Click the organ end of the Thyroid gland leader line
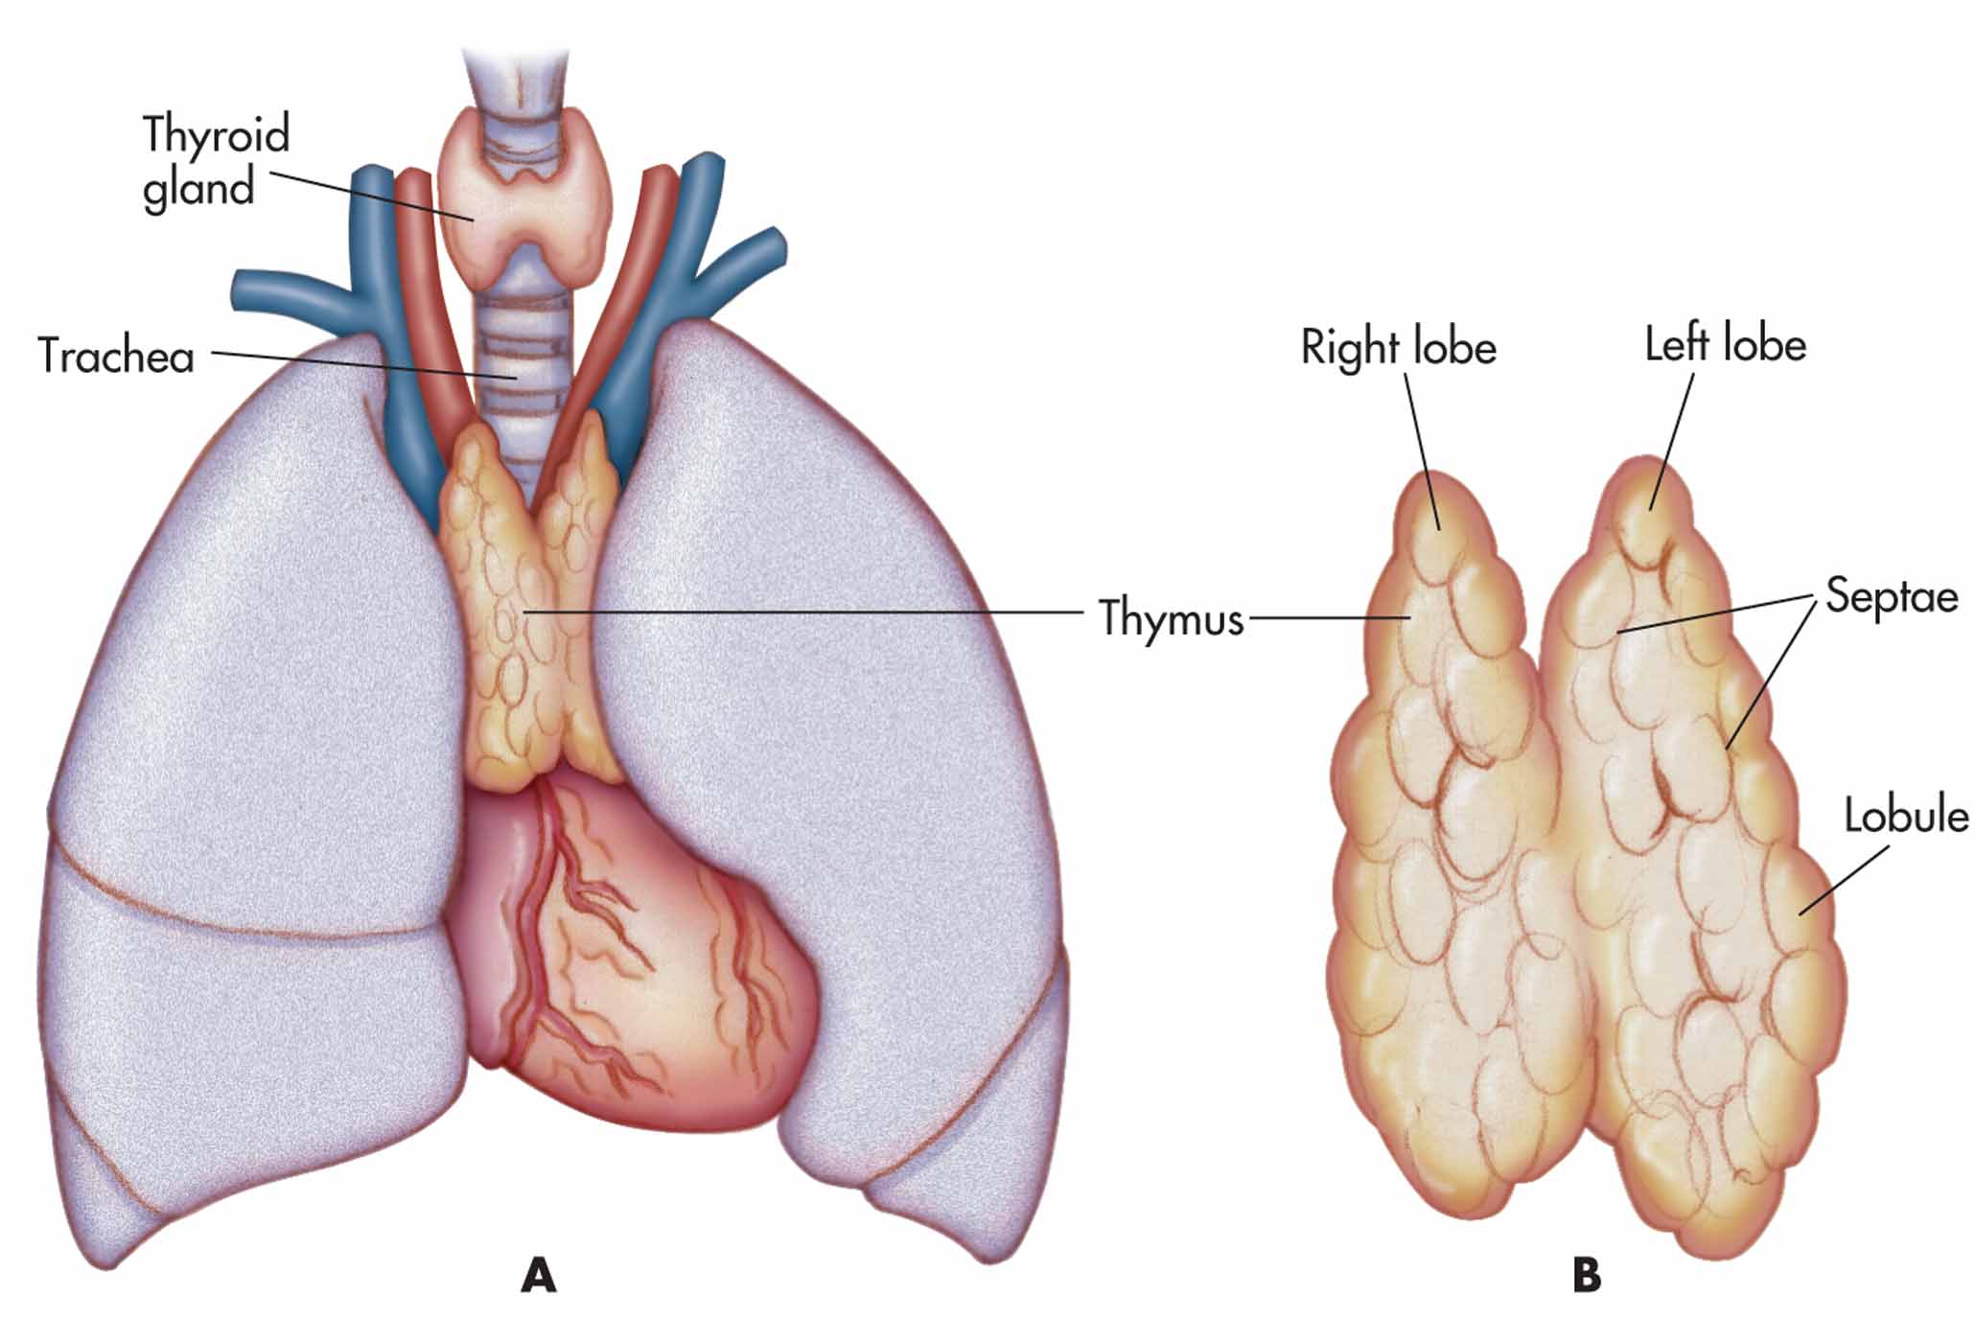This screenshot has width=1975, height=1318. tap(474, 220)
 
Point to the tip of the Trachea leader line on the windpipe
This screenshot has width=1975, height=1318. tap(519, 378)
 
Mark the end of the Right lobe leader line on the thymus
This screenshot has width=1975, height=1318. tap(1439, 528)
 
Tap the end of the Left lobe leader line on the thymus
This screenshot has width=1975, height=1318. tap(1652, 509)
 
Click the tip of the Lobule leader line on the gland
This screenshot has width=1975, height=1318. tap(1800, 914)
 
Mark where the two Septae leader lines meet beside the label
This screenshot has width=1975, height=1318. tap(1815, 597)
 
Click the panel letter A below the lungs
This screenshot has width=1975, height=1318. tap(539, 1276)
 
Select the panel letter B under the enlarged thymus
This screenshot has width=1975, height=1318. tap(1587, 1276)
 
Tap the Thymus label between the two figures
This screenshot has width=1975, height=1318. tap(1171, 618)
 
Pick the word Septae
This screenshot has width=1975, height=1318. tap(1892, 596)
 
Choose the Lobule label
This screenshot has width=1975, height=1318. tap(1906, 816)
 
